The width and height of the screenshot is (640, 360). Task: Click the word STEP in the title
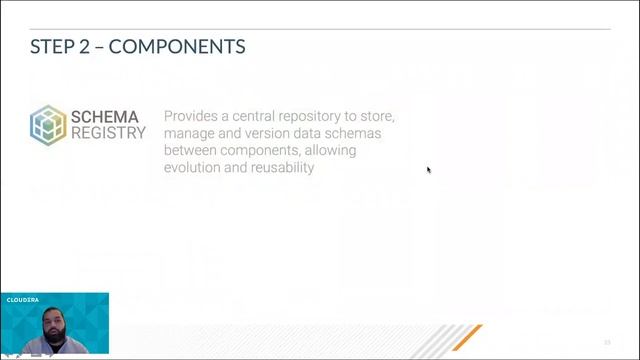click(50, 46)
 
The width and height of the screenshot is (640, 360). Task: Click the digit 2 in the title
click(84, 46)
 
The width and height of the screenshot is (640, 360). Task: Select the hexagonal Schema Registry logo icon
click(47, 125)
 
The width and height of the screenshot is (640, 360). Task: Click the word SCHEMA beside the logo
click(105, 117)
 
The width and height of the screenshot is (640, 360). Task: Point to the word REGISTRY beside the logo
click(108, 133)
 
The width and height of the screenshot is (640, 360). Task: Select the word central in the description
click(259, 116)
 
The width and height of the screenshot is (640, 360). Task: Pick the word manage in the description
click(191, 133)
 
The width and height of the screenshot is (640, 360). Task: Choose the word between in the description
click(193, 150)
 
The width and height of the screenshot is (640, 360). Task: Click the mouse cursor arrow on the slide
click(429, 170)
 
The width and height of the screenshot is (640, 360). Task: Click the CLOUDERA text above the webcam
click(22, 299)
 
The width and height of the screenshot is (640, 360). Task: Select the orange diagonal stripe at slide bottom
click(466, 337)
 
